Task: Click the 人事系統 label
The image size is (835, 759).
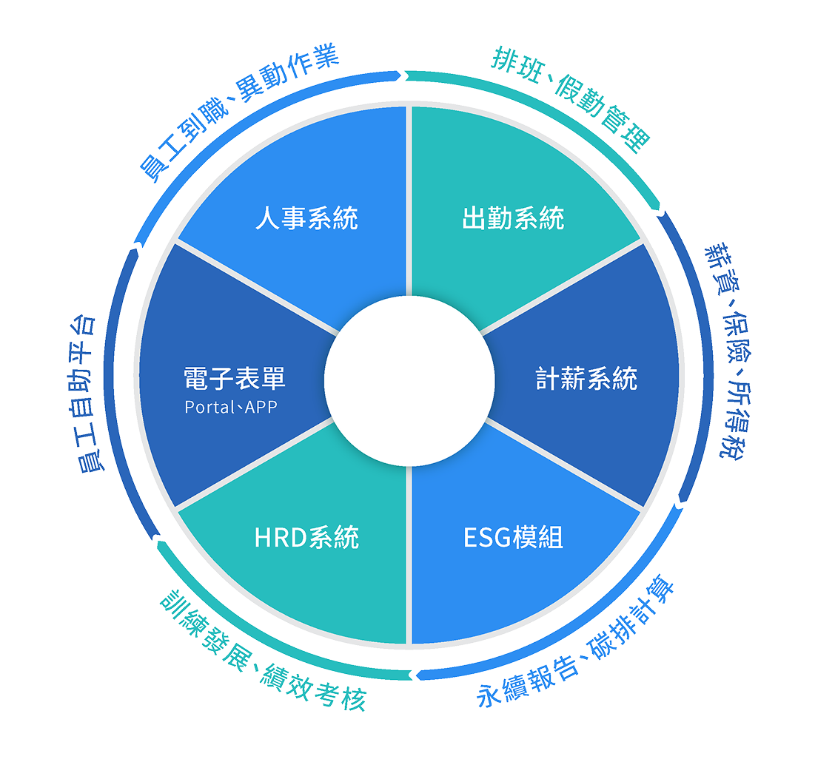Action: [x=306, y=219]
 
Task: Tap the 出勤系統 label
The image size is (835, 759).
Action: [x=513, y=219]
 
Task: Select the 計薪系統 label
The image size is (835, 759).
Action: [x=586, y=379]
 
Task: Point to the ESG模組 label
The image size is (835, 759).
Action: [x=513, y=538]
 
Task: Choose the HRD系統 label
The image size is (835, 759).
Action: [x=306, y=538]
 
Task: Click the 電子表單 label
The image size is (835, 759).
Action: [x=234, y=379]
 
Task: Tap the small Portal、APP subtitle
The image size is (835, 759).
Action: [x=231, y=407]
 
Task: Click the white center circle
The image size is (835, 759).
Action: [x=409, y=379]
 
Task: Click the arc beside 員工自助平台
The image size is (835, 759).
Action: [x=110, y=392]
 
